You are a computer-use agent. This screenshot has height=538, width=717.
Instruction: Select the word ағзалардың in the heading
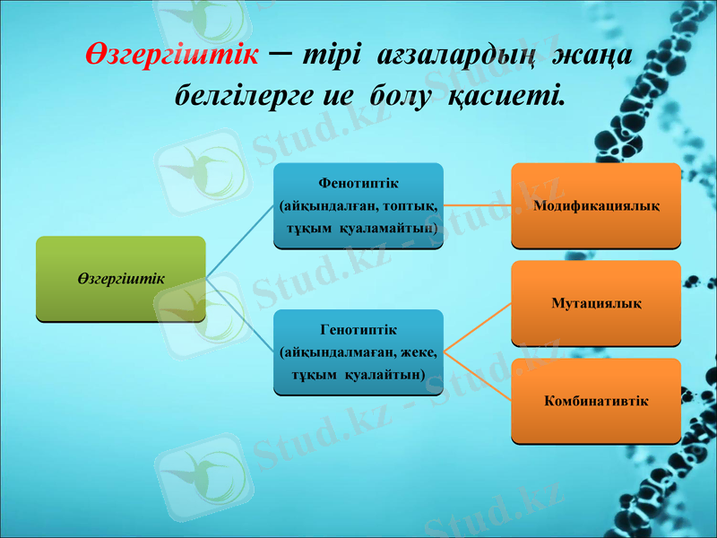(x=458, y=56)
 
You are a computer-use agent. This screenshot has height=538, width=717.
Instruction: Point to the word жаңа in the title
(x=592, y=56)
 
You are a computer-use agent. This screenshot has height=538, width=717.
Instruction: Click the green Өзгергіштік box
(x=121, y=278)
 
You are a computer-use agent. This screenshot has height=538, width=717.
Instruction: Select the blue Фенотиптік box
(x=358, y=205)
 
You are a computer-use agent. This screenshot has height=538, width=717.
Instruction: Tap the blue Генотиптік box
(x=358, y=351)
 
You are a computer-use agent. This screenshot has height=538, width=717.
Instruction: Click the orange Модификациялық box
(x=596, y=205)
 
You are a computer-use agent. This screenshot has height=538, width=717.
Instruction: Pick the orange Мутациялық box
(x=596, y=303)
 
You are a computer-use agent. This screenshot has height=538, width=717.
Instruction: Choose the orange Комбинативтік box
(x=596, y=400)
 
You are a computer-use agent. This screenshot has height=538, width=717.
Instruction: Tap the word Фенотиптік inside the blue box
(x=358, y=184)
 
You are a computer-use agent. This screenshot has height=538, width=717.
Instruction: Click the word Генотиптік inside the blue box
(x=358, y=331)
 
